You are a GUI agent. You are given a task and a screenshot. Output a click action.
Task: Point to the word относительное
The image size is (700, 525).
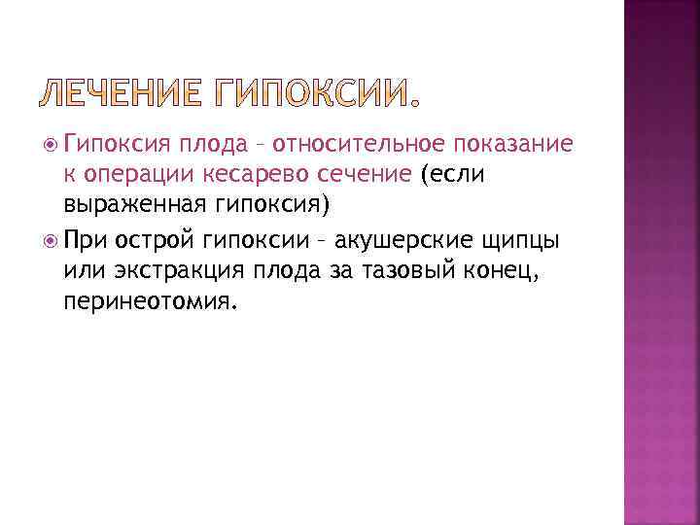[x=358, y=145]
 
